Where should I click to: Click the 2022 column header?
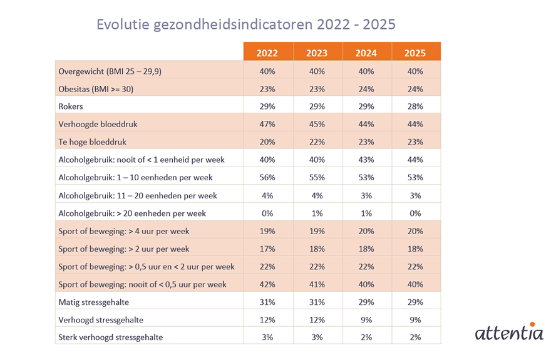click(267, 53)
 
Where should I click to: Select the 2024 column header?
click(366, 53)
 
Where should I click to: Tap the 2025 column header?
click(416, 53)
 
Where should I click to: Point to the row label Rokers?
click(71, 106)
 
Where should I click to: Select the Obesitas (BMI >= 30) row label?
click(95, 89)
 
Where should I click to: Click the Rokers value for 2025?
click(416, 106)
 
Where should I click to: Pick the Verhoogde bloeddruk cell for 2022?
click(267, 124)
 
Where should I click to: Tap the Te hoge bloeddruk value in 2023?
click(317, 142)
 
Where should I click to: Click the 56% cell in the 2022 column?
click(267, 178)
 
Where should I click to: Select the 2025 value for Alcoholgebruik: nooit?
click(416, 160)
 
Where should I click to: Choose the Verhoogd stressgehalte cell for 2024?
click(366, 320)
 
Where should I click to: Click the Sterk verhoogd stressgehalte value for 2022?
click(267, 337)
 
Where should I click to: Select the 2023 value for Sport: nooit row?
click(317, 284)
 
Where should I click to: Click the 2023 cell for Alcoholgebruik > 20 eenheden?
click(317, 213)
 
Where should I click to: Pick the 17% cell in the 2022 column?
click(267, 249)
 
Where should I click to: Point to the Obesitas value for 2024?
click(366, 89)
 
